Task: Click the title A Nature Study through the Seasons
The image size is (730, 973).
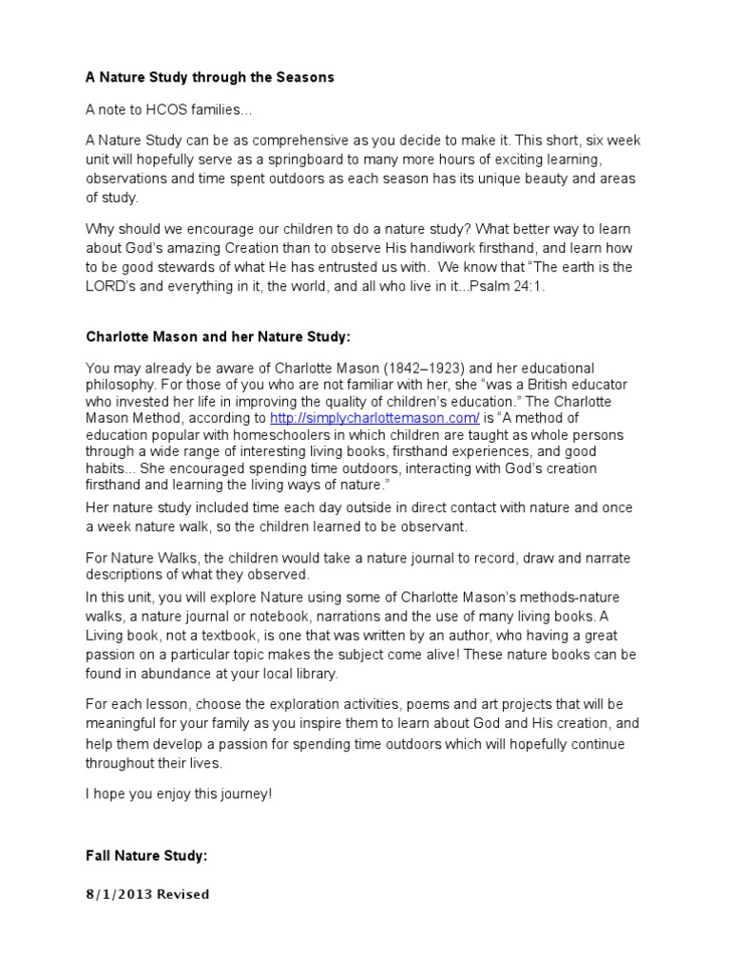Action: pos(210,77)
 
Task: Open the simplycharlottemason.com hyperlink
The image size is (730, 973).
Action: pos(375,417)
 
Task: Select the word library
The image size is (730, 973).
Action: pos(313,673)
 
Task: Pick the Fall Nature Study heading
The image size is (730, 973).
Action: pos(146,856)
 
